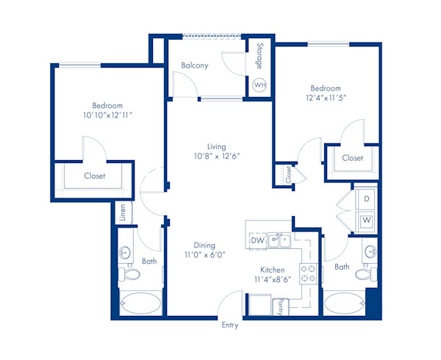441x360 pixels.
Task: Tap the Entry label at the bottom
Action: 229,324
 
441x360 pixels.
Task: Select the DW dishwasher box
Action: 257,240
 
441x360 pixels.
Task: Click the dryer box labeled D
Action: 366,199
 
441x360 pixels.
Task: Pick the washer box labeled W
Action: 366,220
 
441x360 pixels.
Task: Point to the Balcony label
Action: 195,65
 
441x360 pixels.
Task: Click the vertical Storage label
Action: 259,57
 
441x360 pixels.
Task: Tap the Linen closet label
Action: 123,212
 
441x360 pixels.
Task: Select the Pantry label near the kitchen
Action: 280,306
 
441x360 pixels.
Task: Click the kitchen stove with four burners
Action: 308,274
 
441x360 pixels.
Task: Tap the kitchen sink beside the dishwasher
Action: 278,239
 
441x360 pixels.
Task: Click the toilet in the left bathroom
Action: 131,275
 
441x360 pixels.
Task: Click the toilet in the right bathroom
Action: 365,273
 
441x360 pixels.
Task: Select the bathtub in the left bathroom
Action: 140,303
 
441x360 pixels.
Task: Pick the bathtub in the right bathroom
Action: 344,303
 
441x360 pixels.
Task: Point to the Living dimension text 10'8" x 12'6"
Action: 216,156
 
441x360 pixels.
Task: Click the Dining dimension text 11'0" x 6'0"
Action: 204,255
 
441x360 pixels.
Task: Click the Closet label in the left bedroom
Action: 94,176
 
